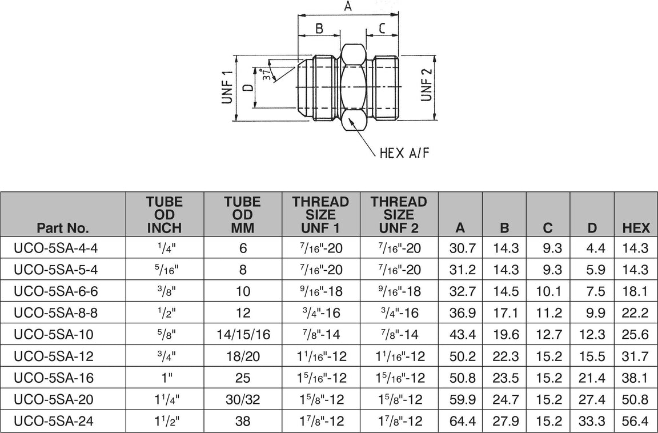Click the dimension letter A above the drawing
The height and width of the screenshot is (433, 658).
click(347, 7)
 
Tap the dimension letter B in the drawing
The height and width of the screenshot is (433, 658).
click(319, 28)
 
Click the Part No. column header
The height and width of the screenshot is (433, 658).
click(63, 228)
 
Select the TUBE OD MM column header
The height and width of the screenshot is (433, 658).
click(242, 215)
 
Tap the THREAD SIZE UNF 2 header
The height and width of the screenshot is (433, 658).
click(398, 215)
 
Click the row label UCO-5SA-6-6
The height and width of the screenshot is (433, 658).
click(56, 291)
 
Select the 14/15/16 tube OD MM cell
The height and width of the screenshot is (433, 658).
click(242, 335)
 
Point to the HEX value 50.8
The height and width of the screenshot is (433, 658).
click(635, 400)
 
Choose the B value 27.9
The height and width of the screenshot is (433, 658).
click(504, 422)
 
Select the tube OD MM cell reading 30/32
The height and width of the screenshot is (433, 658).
click(242, 400)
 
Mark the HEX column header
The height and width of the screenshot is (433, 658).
click(636, 228)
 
